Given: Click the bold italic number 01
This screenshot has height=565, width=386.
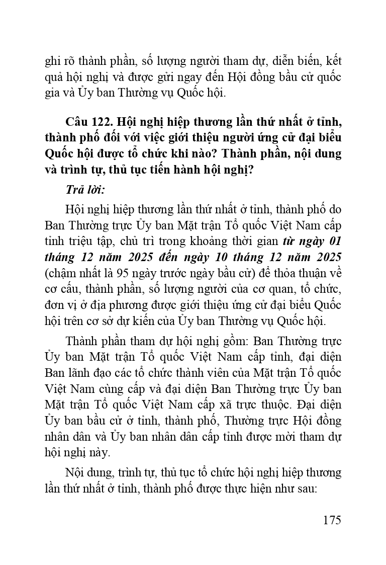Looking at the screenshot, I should (334, 240).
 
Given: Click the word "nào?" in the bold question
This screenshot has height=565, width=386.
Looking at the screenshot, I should (202, 154).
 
